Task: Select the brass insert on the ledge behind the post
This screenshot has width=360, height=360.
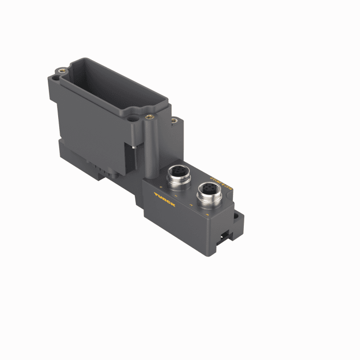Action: coord(174,121)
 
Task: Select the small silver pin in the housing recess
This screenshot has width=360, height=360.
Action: coord(133,148)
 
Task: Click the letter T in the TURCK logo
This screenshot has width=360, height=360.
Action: coord(156,194)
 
